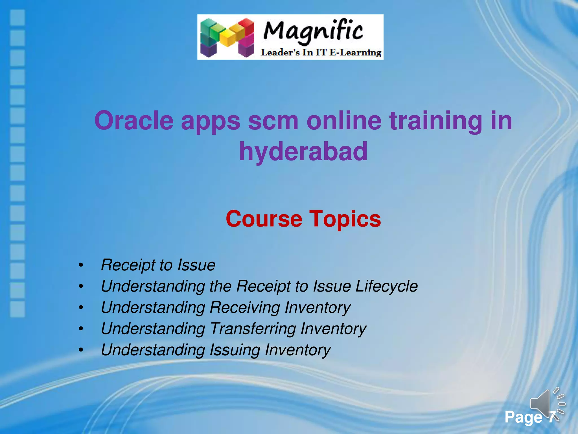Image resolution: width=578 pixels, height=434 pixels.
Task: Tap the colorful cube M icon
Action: click(227, 37)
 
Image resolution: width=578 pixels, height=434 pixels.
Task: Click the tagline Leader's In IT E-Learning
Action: click(321, 53)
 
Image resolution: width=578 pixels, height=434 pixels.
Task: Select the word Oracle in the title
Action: click(134, 121)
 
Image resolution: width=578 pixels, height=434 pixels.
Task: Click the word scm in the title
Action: click(273, 121)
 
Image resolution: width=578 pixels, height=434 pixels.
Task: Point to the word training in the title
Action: click(436, 121)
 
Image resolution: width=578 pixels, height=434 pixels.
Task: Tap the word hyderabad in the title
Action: click(303, 151)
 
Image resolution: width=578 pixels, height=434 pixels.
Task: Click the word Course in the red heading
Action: click(264, 219)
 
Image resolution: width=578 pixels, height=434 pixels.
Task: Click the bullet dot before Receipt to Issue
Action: click(81, 265)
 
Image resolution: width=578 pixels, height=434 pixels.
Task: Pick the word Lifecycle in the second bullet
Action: click(386, 286)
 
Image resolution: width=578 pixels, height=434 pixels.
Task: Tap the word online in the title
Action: click(344, 121)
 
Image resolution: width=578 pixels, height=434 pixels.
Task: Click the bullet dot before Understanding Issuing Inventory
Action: click(81, 350)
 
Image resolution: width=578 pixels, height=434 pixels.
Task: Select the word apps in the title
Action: click(210, 121)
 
